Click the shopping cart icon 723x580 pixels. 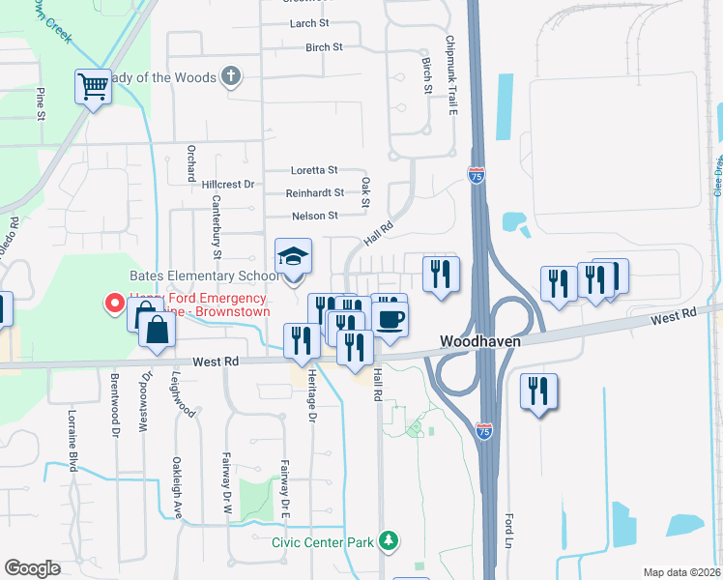coord(93,87)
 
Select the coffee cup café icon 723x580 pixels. coord(390,320)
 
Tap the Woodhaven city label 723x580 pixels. coord(481,342)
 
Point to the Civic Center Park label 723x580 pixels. coord(322,542)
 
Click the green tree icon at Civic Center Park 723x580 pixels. coord(389,540)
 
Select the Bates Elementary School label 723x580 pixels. coord(202,275)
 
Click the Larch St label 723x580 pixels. coord(309,22)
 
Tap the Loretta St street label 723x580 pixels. coord(313,169)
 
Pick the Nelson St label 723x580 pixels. coord(314,216)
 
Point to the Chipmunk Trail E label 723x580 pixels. coord(450,77)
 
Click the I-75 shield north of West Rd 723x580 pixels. coord(476,175)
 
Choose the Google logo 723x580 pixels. coord(33,568)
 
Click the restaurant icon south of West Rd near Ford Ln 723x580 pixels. coord(537,391)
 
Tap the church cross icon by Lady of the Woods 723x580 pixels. coord(231,75)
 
